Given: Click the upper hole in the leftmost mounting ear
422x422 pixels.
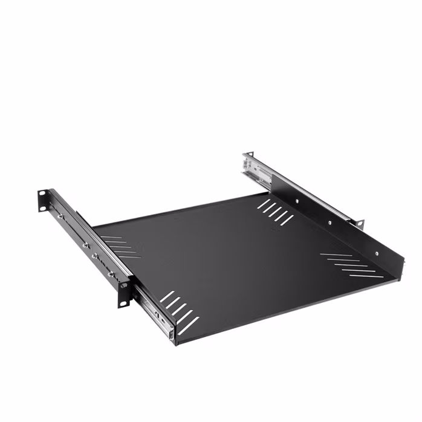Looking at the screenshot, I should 42,195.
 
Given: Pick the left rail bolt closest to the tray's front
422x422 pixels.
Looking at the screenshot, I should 111,274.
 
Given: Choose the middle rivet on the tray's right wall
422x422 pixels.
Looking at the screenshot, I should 329,222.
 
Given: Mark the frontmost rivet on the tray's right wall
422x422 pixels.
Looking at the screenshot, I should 376,253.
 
